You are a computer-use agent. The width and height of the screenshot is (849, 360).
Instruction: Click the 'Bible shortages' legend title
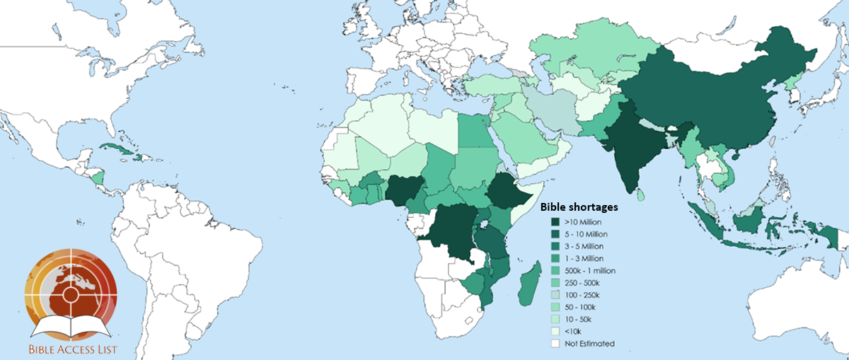(x=579, y=208)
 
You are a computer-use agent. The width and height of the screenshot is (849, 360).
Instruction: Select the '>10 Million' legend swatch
(x=556, y=223)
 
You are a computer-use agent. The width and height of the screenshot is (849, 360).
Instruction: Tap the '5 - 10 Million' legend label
(x=587, y=234)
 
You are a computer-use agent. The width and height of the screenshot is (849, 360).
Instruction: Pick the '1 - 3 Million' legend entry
(x=584, y=258)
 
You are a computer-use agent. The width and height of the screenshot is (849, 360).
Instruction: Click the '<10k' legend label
(x=573, y=331)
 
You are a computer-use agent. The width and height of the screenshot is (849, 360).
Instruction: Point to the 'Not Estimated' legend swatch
(x=556, y=344)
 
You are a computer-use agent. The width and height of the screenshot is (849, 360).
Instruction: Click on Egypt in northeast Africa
(x=472, y=131)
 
